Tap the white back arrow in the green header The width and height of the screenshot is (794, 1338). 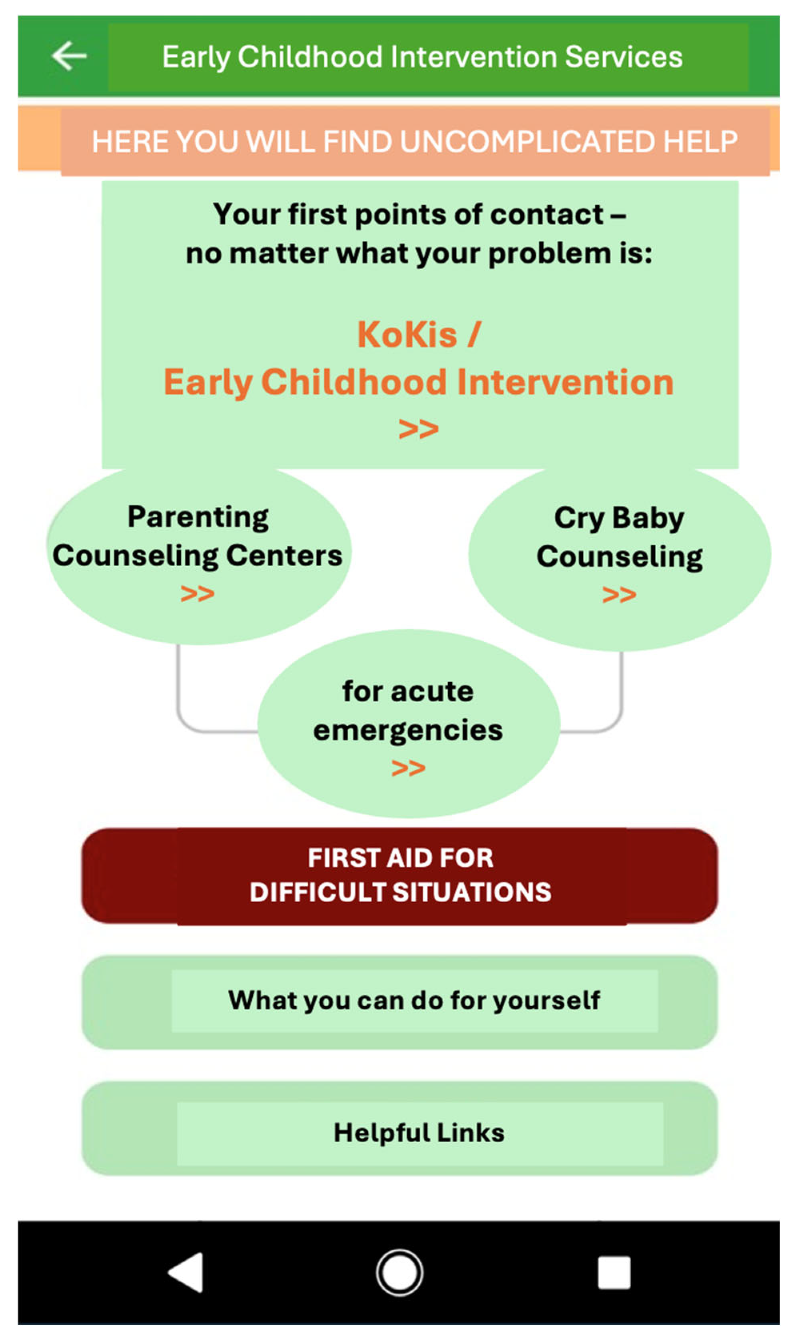coord(69,56)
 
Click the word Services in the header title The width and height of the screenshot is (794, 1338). coord(623,57)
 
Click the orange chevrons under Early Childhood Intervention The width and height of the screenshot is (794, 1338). coord(419,429)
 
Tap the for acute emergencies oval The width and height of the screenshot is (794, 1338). coord(409,724)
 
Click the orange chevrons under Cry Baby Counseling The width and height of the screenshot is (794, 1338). coord(619,594)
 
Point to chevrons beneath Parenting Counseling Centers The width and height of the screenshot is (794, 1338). coord(198,593)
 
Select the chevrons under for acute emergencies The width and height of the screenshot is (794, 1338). coord(408,768)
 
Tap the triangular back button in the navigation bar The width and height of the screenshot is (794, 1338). coord(186,1272)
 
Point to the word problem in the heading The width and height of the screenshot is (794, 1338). coord(549,254)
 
